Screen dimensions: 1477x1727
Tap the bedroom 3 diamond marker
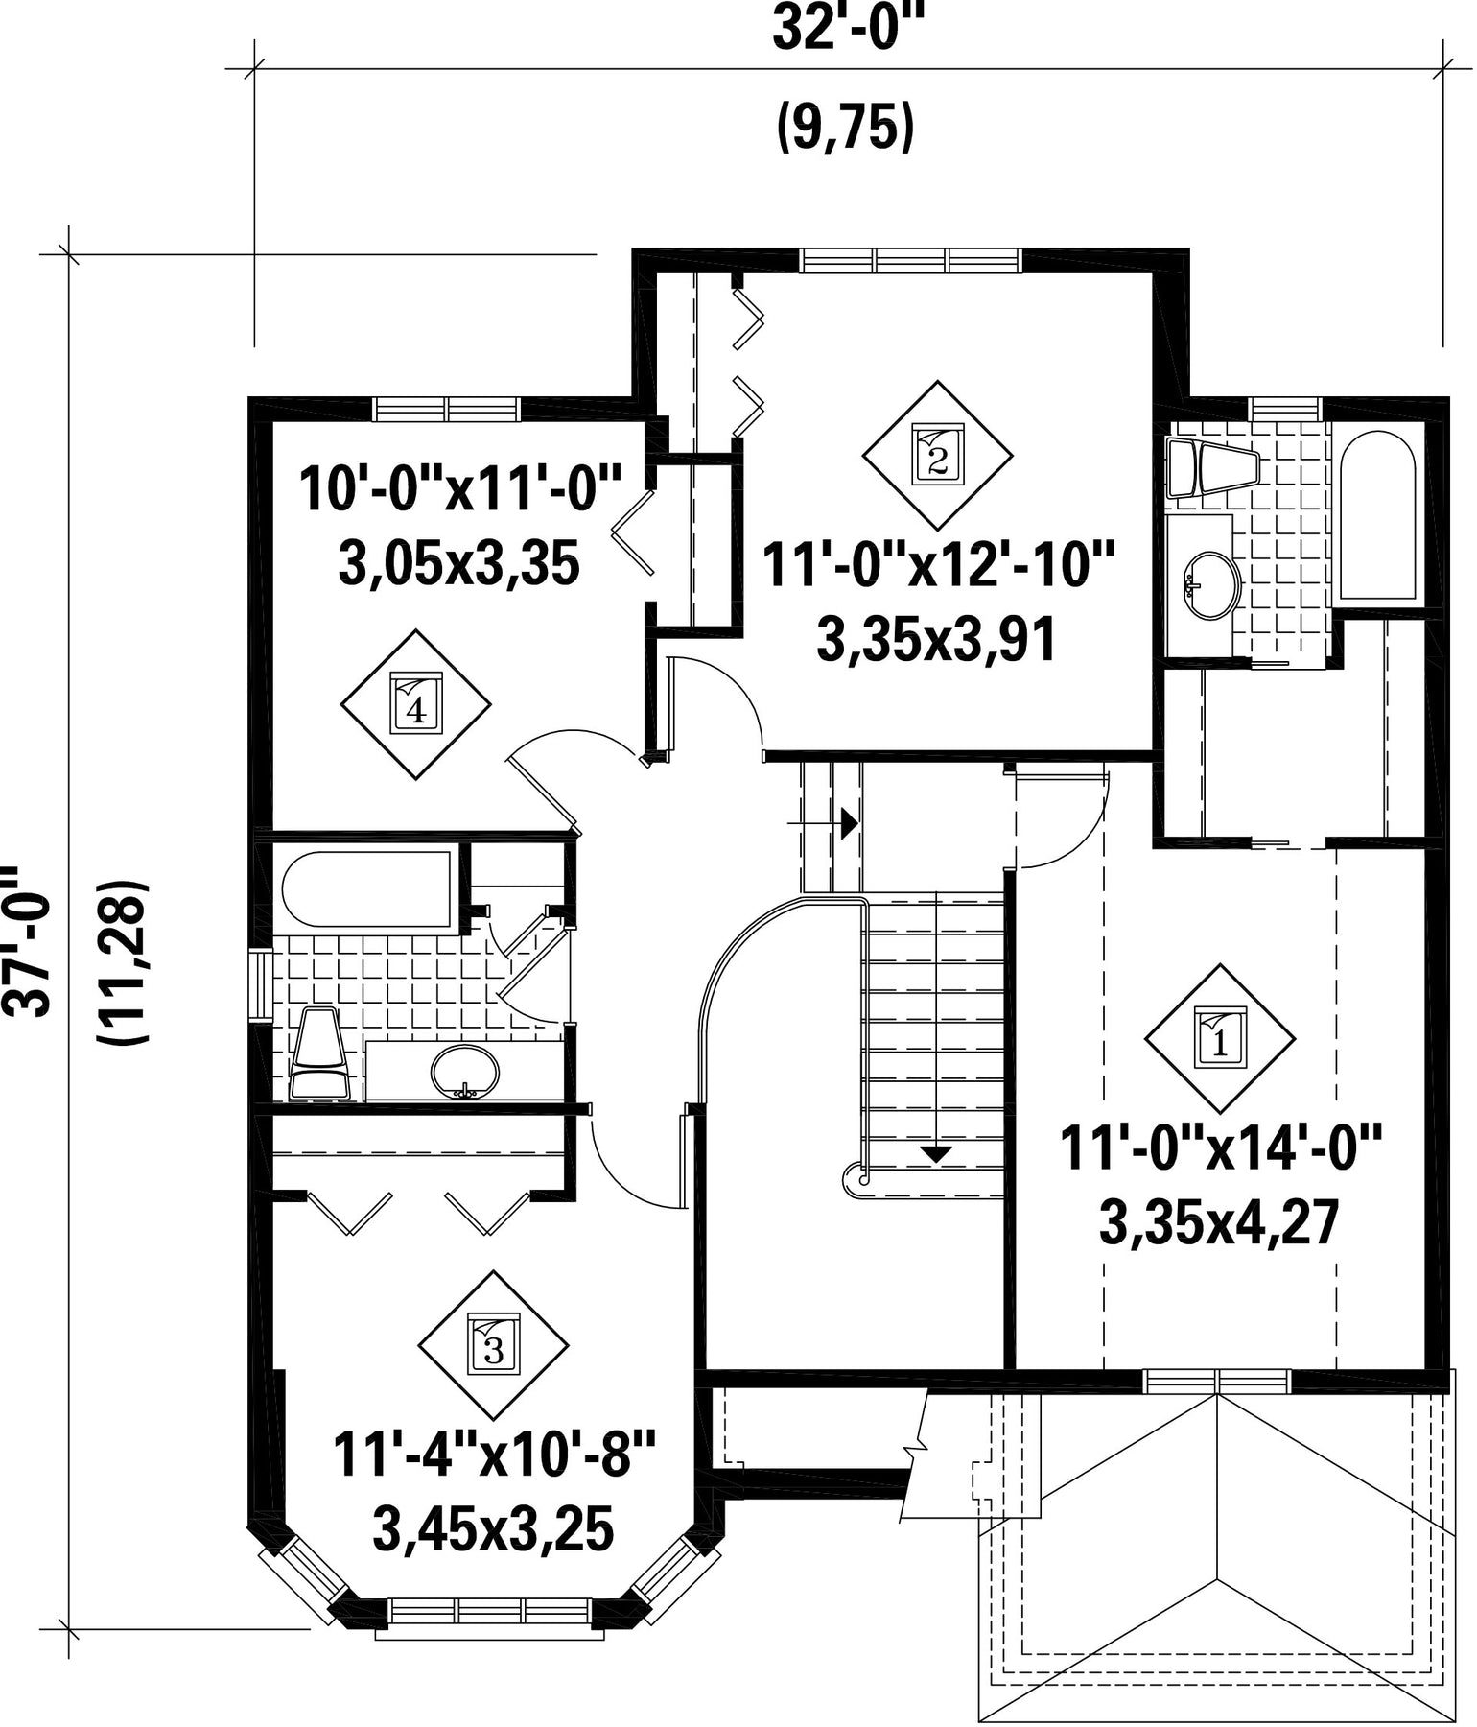(493, 1345)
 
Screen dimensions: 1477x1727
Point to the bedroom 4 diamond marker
(415, 704)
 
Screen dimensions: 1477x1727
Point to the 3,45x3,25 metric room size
(493, 1528)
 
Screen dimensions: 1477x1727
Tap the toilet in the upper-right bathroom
(1211, 468)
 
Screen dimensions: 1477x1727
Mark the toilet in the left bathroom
(319, 1053)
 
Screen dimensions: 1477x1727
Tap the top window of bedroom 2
(911, 260)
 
